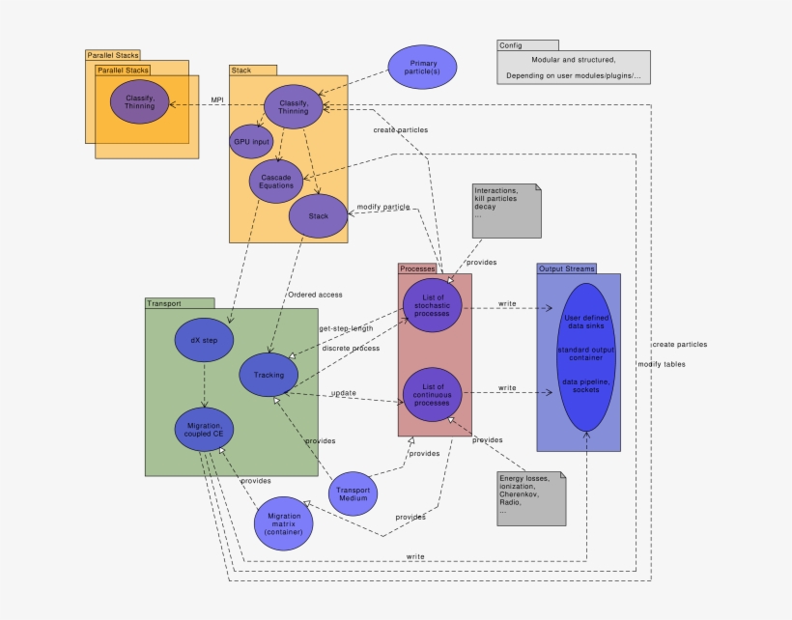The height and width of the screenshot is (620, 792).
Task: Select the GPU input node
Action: [251, 141]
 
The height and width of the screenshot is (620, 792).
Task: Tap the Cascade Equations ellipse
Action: [276, 180]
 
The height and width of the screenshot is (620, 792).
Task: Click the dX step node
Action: [204, 340]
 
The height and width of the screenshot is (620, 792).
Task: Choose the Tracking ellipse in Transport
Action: [269, 375]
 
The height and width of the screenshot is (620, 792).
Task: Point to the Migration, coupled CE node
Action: [204, 430]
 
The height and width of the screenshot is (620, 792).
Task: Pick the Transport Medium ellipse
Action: [354, 493]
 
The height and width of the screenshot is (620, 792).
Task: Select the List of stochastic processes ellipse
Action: [432, 304]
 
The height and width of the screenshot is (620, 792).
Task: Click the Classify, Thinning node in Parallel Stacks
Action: [139, 101]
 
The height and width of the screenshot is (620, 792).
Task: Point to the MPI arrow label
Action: [217, 99]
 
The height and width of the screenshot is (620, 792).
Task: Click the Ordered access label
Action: [315, 295]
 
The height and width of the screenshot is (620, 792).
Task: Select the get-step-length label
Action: [346, 328]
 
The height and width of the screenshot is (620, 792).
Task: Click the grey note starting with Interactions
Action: [506, 210]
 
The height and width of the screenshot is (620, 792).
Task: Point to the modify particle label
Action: [383, 208]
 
